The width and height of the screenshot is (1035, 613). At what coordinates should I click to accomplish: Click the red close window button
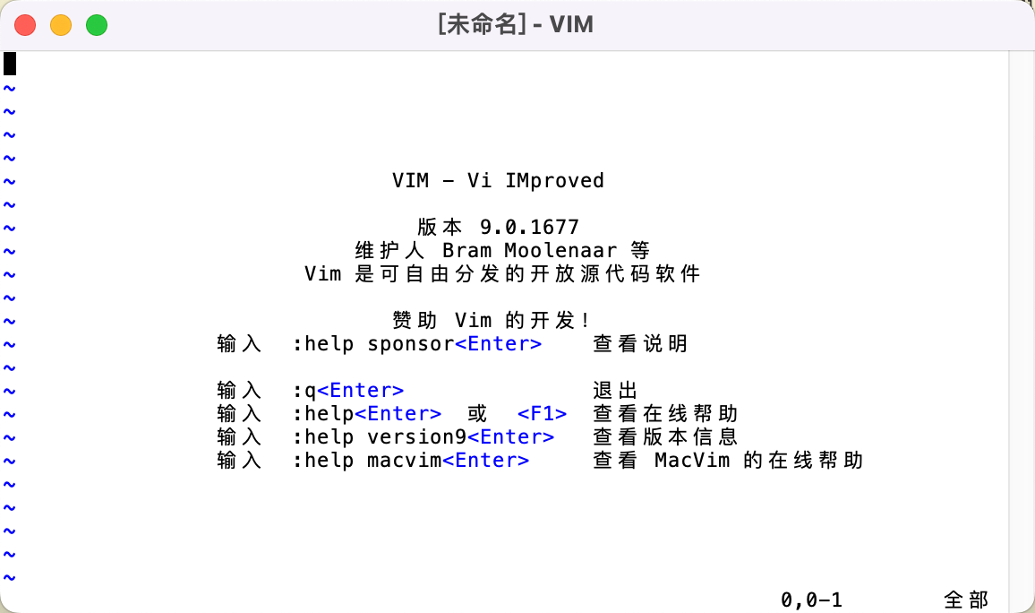[25, 25]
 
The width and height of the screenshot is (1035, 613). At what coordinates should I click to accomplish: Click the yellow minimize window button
[61, 25]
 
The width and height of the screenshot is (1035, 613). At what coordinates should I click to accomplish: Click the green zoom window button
[97, 25]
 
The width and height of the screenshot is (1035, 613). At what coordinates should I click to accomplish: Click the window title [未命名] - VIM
[516, 24]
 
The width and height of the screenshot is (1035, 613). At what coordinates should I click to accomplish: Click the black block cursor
[10, 65]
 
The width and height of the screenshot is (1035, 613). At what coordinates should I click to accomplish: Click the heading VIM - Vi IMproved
[498, 181]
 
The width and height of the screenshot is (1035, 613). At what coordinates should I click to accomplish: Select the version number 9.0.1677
[529, 228]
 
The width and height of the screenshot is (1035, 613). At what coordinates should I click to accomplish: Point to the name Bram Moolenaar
[530, 251]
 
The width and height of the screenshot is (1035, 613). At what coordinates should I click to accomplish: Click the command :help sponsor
[373, 344]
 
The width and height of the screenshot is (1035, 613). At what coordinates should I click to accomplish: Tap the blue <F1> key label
[542, 414]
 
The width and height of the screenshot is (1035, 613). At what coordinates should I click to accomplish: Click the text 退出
[615, 391]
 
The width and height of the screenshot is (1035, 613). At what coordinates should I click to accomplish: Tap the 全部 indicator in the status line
[966, 600]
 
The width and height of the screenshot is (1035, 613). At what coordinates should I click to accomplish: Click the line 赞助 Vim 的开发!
[492, 321]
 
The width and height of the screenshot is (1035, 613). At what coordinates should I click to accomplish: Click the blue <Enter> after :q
[361, 391]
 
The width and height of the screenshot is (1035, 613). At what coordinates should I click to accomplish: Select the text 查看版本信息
[665, 437]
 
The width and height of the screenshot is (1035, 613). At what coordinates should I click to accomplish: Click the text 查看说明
[640, 344]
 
